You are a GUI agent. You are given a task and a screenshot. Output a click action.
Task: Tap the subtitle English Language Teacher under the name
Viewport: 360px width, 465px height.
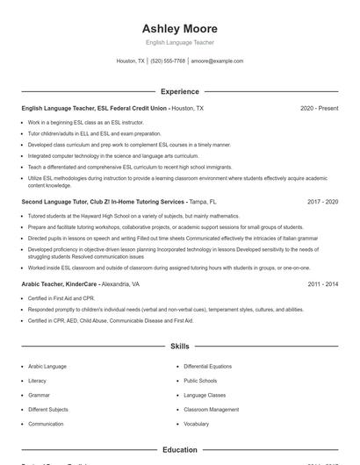179,42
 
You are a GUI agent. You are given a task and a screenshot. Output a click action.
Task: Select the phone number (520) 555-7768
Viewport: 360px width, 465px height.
168,61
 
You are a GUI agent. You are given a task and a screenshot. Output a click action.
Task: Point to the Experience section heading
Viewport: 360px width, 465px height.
179,91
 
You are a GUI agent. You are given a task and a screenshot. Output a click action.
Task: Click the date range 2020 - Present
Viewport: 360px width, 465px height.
319,109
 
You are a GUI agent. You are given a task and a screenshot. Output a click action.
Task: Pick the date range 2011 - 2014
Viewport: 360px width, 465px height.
322,284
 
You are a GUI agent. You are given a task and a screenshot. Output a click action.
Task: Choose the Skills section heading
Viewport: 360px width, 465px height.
179,347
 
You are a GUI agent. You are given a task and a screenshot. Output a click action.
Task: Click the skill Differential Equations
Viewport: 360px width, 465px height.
208,366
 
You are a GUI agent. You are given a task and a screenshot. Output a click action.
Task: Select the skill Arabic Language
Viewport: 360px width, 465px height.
47,366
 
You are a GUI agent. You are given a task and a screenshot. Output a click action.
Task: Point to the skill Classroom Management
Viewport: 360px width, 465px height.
211,409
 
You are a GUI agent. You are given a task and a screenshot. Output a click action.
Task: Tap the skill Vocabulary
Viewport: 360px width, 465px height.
196,424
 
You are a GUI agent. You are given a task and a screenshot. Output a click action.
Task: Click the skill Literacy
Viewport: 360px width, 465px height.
37,381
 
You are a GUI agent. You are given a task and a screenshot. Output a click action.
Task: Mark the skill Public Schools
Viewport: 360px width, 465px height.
200,381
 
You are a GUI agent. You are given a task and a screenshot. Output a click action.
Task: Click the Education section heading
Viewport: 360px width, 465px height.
179,450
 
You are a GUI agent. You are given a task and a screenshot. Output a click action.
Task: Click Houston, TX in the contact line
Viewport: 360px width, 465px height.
130,61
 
